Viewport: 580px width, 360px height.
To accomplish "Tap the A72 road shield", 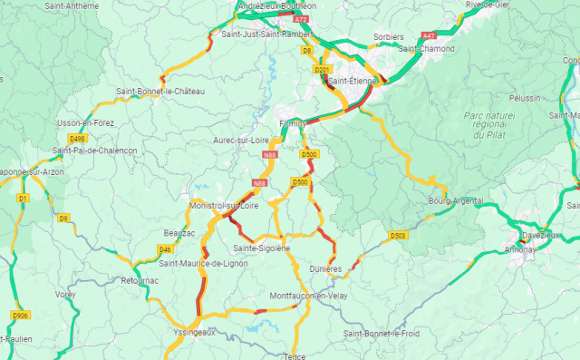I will (x=301, y=18).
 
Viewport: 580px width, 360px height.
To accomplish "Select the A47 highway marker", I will (x=429, y=35).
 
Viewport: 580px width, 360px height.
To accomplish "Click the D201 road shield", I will (x=321, y=70).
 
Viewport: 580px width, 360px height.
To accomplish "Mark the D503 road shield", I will (x=397, y=236).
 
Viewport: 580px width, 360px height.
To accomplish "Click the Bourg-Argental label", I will (x=455, y=200).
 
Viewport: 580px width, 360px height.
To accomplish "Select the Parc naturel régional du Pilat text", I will (x=488, y=124).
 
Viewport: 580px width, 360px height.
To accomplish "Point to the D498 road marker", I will (x=78, y=139).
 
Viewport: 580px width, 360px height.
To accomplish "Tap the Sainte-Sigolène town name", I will (x=261, y=248).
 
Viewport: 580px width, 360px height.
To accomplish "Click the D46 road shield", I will (x=165, y=249).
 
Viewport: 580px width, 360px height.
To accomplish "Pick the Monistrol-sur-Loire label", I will (x=224, y=206).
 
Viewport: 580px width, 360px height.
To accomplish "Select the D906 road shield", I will (x=19, y=316).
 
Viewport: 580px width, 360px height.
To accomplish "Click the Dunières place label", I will (x=325, y=269).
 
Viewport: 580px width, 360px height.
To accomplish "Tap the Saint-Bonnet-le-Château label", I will (x=160, y=92).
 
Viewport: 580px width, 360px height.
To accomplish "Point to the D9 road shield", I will (x=63, y=219).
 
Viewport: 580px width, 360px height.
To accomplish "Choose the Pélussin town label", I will (x=524, y=97).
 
